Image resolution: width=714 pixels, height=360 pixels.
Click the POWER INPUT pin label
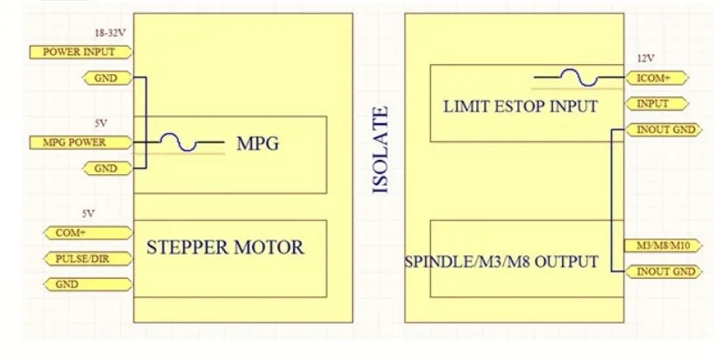[x=80, y=52]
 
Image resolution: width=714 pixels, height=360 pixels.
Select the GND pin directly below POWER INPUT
[x=105, y=79]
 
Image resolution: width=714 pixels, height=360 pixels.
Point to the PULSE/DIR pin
[x=88, y=259]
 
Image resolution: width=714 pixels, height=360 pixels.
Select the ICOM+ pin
[x=650, y=78]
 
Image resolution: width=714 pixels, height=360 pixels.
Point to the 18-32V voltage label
[x=108, y=33]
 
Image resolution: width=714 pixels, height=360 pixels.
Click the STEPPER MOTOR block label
[x=224, y=246]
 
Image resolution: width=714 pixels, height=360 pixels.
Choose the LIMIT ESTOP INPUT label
[x=520, y=107]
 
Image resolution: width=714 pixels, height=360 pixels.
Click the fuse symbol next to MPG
[x=179, y=141]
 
